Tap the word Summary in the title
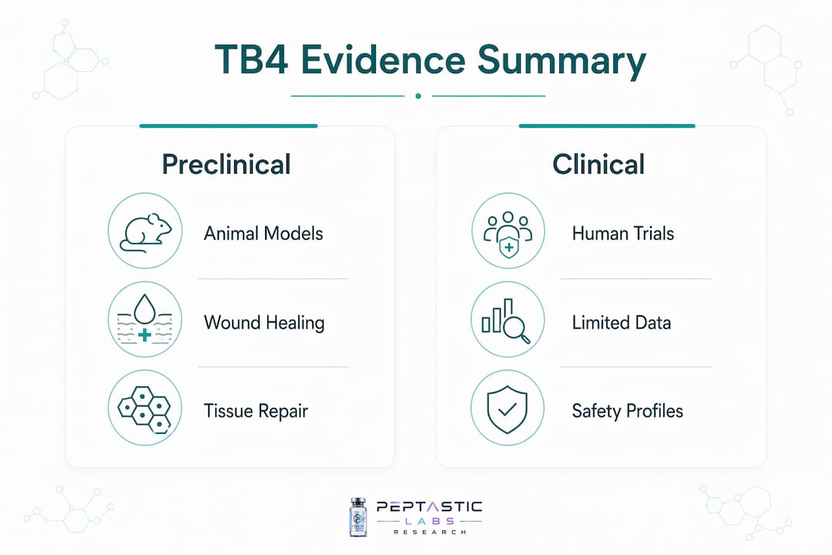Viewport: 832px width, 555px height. (562, 61)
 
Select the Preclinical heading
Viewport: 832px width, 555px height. (226, 164)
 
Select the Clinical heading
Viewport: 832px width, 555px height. (599, 164)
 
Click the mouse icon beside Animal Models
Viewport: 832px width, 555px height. (145, 231)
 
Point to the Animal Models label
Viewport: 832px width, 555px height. (263, 234)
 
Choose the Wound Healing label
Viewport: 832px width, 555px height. (264, 323)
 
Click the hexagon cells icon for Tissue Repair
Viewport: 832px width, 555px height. (145, 408)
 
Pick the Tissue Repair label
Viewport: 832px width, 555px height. (256, 411)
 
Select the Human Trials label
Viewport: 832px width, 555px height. (623, 234)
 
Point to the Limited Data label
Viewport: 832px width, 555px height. (622, 323)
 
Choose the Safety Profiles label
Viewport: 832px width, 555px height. (627, 411)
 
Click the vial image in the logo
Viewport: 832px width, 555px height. (358, 517)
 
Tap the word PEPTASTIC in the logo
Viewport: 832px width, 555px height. (429, 506)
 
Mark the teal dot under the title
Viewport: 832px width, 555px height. (418, 96)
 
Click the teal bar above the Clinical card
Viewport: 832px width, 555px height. (607, 126)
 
